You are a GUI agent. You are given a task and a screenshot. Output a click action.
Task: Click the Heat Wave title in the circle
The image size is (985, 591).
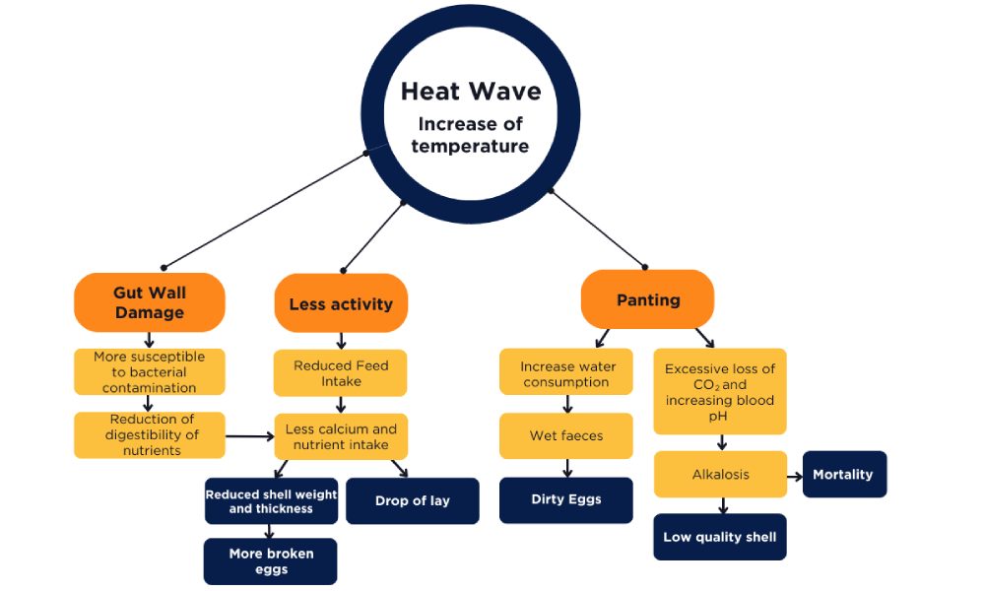coord(470,92)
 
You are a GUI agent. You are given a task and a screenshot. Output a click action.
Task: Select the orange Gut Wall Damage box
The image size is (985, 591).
coord(150,302)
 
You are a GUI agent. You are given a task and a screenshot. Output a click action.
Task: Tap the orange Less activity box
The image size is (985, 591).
coord(341,304)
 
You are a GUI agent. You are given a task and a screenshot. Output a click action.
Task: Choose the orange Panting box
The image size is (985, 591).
coord(647,299)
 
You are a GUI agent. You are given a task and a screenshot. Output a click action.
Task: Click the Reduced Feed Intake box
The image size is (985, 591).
coord(341,373)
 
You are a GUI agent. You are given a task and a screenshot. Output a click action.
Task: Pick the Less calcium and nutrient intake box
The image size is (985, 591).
coord(341,436)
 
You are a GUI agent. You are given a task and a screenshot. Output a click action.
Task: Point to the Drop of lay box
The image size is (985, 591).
coord(412,500)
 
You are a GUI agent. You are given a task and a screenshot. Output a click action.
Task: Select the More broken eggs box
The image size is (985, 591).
coord(270,560)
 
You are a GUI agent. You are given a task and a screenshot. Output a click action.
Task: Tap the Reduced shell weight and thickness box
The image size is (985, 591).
coord(270,501)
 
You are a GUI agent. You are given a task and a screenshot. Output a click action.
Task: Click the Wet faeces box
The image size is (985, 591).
coord(565,435)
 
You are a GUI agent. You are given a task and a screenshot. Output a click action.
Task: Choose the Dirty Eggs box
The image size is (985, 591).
coord(565,499)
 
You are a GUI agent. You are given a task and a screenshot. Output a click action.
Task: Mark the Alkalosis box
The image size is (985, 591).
coord(720,474)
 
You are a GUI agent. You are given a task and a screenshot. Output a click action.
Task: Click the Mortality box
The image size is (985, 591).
coord(842,474)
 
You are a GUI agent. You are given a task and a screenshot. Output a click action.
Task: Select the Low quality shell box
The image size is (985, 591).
coord(720,537)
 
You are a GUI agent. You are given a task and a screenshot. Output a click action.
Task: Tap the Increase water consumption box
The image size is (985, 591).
coord(565,373)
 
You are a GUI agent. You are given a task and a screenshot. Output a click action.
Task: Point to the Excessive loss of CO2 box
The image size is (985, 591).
coord(720,391)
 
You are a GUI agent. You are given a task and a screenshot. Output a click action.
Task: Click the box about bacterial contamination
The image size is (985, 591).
coord(150,372)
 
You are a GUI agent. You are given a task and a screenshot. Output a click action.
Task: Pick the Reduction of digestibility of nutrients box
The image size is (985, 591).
coord(150,434)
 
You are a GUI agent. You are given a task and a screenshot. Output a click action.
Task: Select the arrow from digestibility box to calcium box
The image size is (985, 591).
coord(250,434)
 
